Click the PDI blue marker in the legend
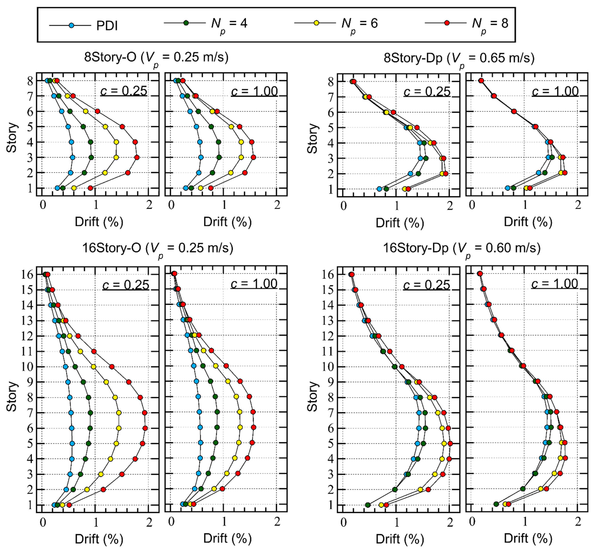(x=71, y=25)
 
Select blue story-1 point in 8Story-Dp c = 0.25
(x=379, y=189)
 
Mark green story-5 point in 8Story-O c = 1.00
(x=211, y=127)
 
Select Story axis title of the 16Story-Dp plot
(x=312, y=396)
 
